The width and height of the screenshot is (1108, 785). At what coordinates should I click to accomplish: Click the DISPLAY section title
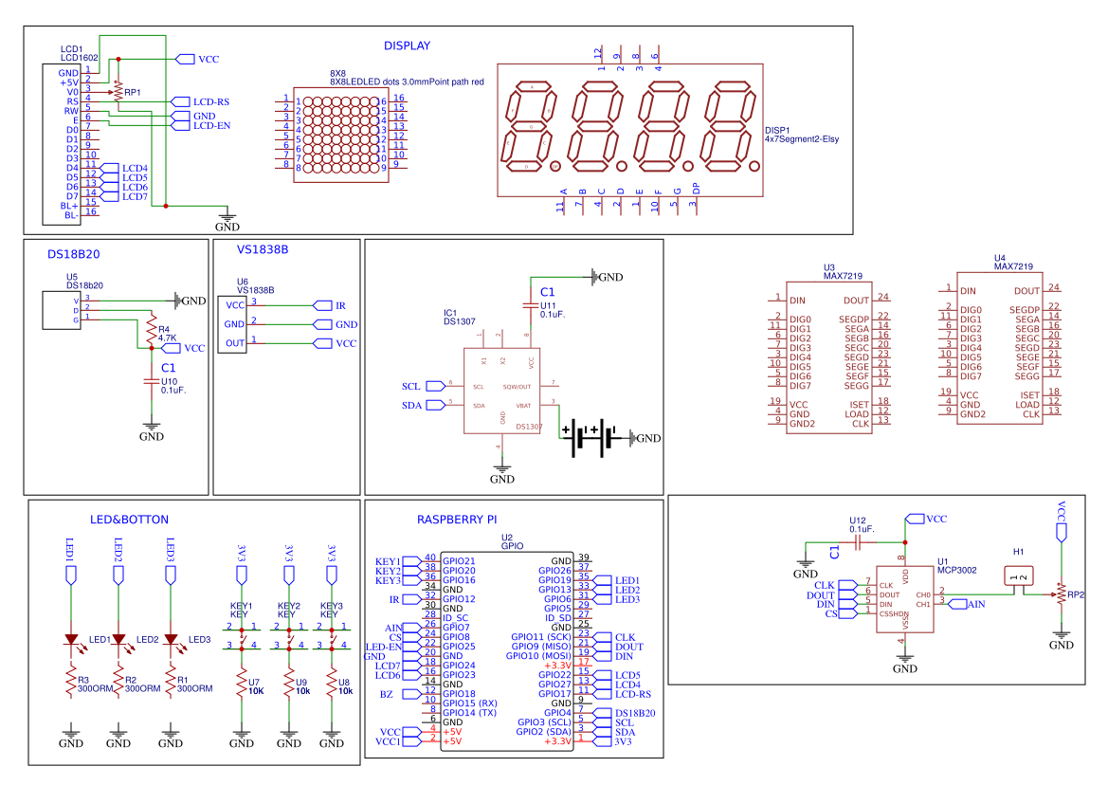(407, 46)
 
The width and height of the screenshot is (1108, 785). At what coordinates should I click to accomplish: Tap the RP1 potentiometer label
(133, 92)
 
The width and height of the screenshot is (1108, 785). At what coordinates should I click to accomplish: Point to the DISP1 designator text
(776, 130)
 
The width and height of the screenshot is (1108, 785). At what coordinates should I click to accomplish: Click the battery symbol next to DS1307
(591, 438)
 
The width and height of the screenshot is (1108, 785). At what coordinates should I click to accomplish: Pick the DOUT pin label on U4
(1026, 291)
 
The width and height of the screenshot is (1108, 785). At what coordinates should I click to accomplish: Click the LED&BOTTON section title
(129, 520)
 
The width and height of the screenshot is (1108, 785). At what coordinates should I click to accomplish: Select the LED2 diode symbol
(118, 641)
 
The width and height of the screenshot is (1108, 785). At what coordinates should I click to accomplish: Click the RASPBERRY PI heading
(457, 520)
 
